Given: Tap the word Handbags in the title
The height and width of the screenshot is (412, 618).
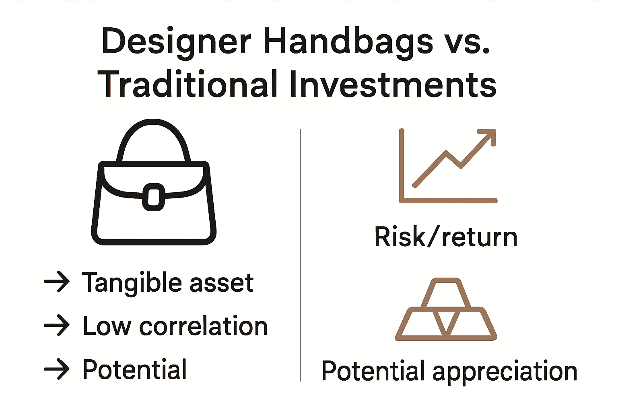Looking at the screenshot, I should pos(348,41).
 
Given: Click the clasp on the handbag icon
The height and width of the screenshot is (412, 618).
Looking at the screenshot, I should pos(154,197).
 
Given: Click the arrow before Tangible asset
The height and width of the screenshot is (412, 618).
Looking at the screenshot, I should pos(57,282).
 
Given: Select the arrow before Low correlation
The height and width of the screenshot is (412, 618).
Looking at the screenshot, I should pos(57,325).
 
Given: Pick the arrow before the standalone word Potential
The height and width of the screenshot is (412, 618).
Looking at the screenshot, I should pos(57,369).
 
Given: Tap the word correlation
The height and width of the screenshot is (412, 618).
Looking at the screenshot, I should pos(203,326).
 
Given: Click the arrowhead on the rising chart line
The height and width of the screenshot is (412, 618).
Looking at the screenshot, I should pos(488,137).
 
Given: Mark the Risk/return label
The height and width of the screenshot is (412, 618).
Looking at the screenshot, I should pos(445,237).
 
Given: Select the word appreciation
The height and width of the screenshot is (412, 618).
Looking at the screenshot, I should pos(505,371).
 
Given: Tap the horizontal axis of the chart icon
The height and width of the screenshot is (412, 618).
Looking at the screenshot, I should pos(448,200).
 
